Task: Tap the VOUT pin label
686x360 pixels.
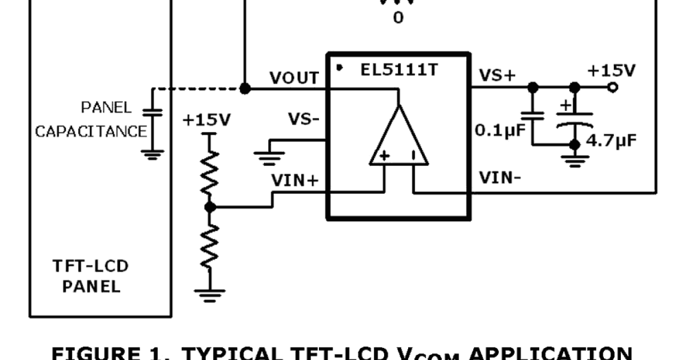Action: (x=293, y=78)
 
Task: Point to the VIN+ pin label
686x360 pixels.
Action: (x=294, y=180)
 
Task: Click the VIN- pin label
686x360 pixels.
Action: (x=500, y=178)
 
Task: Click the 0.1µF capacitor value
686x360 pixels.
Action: (x=500, y=131)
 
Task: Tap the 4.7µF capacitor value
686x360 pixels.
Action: (x=611, y=140)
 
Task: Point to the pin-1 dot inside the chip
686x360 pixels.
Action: (x=340, y=68)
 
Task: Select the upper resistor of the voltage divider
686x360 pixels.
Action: (x=210, y=173)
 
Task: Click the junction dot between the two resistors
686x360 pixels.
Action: (x=210, y=207)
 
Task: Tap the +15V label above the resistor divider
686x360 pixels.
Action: (x=206, y=120)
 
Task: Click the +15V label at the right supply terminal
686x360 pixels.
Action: (x=611, y=70)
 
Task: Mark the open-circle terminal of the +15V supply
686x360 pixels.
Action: (x=613, y=87)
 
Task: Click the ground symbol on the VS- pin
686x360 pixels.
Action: (x=269, y=156)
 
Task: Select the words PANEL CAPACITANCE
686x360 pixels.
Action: (x=90, y=119)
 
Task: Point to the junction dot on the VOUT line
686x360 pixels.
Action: (x=245, y=89)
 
